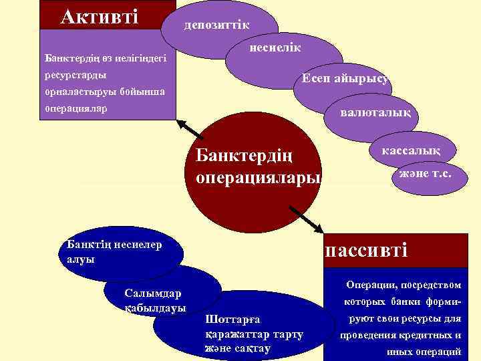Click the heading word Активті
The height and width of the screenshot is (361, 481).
(x=99, y=15)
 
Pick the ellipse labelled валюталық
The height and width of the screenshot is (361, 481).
(x=370, y=112)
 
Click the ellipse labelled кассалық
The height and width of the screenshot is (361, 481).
(x=410, y=152)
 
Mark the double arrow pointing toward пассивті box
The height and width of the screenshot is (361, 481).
(x=305, y=215)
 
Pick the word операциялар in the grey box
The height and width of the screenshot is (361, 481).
(x=75, y=107)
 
